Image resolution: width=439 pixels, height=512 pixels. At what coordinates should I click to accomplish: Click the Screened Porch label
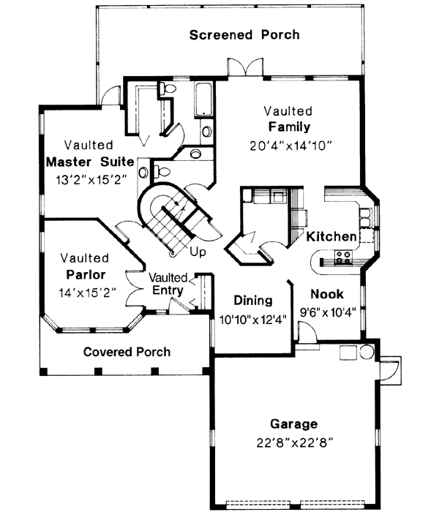tap(244, 34)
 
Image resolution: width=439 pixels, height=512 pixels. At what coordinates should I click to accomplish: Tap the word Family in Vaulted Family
tap(289, 127)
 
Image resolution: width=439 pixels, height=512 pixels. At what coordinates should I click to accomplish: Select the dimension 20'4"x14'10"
tap(289, 145)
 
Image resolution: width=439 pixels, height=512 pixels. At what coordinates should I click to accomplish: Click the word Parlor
tap(85, 275)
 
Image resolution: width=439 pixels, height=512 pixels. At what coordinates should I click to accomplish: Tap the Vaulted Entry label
tap(169, 284)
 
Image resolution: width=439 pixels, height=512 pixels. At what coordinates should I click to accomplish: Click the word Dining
tap(253, 300)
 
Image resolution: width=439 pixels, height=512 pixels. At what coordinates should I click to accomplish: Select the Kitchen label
tap(331, 237)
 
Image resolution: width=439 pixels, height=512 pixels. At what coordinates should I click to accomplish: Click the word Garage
tap(294, 423)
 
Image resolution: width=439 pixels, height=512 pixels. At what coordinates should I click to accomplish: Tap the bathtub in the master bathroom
tap(203, 100)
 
